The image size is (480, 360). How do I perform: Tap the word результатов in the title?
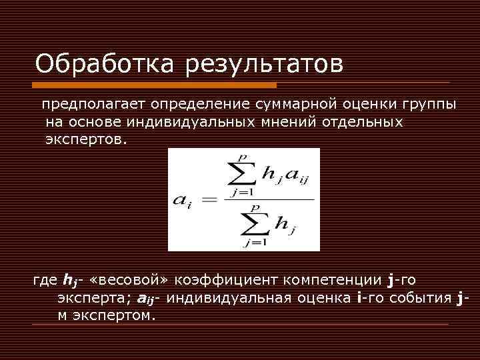(265, 65)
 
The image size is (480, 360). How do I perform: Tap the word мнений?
(290, 123)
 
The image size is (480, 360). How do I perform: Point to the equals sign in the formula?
(209, 200)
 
